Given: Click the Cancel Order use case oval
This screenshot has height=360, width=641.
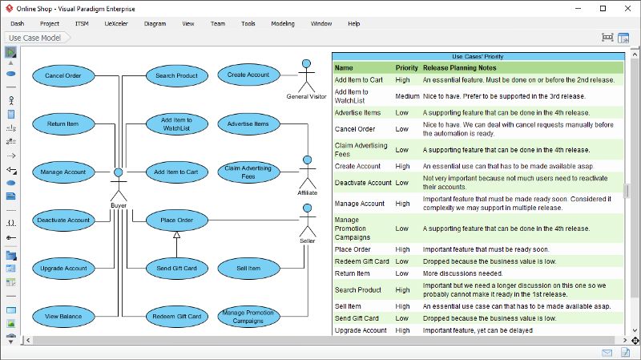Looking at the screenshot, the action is (x=63, y=75).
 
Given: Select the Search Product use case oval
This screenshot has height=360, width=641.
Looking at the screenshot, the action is (x=176, y=75).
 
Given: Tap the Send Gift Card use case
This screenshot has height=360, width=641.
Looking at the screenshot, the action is (x=176, y=269).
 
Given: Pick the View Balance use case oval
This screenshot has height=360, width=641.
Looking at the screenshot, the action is (x=63, y=316).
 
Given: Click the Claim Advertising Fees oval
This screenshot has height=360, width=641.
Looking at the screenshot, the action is (x=248, y=172).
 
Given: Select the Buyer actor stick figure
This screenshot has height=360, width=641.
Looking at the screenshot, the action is (x=119, y=184).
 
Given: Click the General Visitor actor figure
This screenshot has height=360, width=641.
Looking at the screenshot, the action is (x=306, y=76).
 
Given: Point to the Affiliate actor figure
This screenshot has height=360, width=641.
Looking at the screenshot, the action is (x=308, y=172).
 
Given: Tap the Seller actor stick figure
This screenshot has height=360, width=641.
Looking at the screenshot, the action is (x=308, y=220).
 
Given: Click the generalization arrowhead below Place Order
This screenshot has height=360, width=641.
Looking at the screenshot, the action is (x=176, y=235).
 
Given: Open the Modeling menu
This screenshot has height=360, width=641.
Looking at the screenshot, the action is (x=283, y=24).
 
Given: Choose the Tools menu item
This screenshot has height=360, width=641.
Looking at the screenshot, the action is (x=248, y=24).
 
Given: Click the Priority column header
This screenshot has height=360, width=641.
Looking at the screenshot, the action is (x=407, y=68).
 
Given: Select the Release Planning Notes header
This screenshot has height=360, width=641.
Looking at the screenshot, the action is (x=459, y=68).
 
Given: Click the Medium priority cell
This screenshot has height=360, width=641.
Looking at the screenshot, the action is (x=407, y=96).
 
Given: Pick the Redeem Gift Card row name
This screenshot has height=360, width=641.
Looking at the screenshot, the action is (x=362, y=261).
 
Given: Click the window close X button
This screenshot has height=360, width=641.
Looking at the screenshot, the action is (x=628, y=9).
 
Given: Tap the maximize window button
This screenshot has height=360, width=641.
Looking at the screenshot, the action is (x=603, y=9).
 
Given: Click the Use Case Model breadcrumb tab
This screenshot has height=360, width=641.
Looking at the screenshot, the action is (x=35, y=38).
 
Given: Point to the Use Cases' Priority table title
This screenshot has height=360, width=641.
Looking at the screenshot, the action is (x=478, y=56).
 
